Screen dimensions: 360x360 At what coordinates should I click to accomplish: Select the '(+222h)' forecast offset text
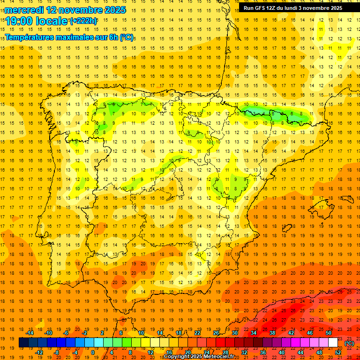pyautogui.click(x=84, y=21)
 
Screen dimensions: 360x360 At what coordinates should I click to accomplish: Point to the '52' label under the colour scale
pyautogui.click(x=338, y=352)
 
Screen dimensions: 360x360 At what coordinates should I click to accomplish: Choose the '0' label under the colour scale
pyautogui.click(x=93, y=352)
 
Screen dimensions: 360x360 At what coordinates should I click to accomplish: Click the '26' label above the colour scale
pyautogui.click(x=216, y=333)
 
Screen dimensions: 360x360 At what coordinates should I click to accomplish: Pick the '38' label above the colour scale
pyautogui.click(x=272, y=333)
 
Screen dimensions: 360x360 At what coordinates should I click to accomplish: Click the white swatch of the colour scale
pyautogui.click(x=333, y=343)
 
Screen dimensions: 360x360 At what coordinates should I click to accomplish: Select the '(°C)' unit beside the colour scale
pyautogui.click(x=349, y=343)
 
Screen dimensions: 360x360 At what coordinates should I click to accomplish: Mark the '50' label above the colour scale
pyautogui.click(x=329, y=333)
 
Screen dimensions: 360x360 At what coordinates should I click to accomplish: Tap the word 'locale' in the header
pyautogui.click(x=52, y=21)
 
